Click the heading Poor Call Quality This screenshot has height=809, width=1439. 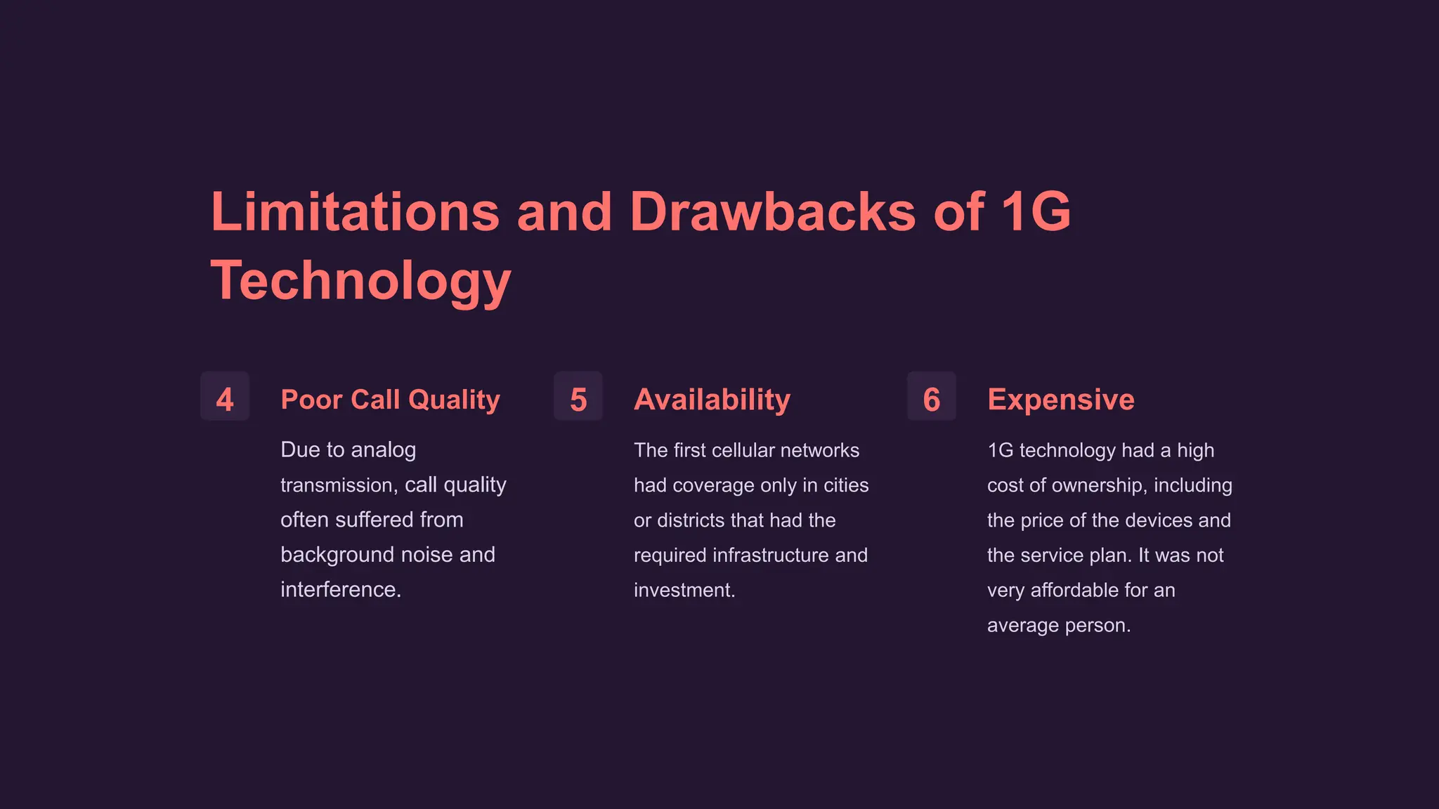pyautogui.click(x=390, y=400)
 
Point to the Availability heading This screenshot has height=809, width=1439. pyautogui.click(x=712, y=400)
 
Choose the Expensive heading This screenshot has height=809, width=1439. pyautogui.click(x=1060, y=400)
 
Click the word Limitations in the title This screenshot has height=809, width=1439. pyautogui.click(x=355, y=211)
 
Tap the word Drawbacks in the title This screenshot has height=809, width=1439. pyautogui.click(x=773, y=211)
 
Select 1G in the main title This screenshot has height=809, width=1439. pyautogui.click(x=1036, y=211)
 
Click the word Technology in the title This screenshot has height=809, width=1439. pyautogui.click(x=360, y=280)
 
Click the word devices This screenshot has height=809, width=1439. pyautogui.click(x=1157, y=520)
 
